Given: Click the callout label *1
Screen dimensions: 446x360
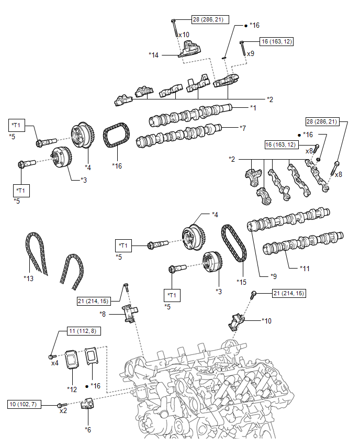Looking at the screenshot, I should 253,108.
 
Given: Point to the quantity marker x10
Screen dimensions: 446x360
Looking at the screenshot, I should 184,35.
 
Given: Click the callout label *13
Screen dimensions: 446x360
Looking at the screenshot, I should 29,278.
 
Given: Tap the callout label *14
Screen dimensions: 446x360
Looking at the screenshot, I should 153,54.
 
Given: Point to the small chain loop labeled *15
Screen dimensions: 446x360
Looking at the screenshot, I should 234,244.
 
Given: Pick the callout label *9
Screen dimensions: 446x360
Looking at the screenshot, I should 273,275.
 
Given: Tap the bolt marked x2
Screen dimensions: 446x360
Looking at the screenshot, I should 61,405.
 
